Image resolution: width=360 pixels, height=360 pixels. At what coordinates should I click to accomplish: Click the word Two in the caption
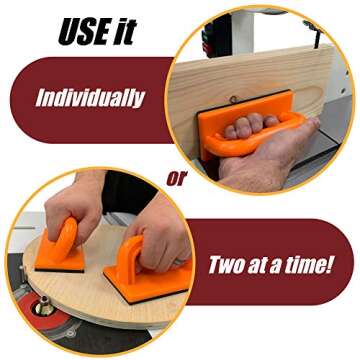pos(229,267)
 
